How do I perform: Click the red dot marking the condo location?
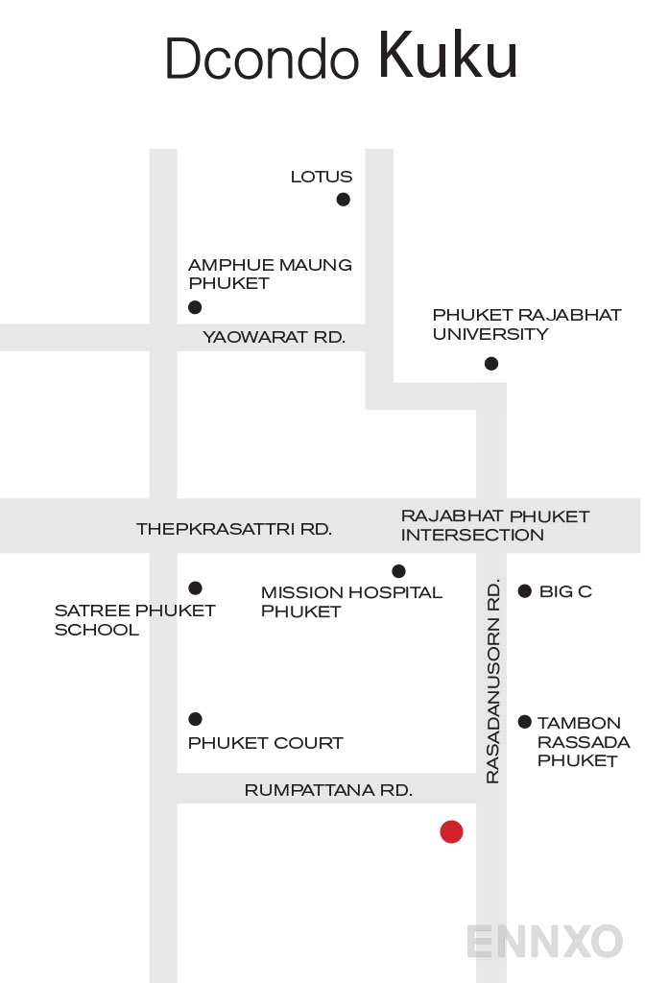click(451, 832)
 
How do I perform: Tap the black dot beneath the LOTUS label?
click(343, 200)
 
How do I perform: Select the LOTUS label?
click(322, 177)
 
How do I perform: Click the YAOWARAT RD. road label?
click(274, 337)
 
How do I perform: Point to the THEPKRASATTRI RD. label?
click(234, 529)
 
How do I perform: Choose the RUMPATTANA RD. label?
click(328, 790)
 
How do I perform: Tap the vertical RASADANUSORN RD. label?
click(492, 681)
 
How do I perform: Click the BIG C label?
click(565, 591)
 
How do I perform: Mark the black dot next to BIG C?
click(525, 590)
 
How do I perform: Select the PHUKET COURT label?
click(266, 743)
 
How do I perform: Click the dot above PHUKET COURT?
click(195, 718)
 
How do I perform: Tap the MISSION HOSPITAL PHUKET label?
click(351, 601)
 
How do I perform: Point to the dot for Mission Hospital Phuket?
click(398, 570)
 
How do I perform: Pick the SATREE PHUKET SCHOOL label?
click(134, 619)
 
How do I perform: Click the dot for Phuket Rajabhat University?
click(491, 363)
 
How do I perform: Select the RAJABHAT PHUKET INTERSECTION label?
click(495, 525)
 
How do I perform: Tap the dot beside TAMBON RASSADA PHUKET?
click(525, 722)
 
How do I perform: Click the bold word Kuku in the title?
click(447, 55)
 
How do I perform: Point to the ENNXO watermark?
click(545, 941)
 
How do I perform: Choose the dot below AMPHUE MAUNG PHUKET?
click(195, 307)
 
